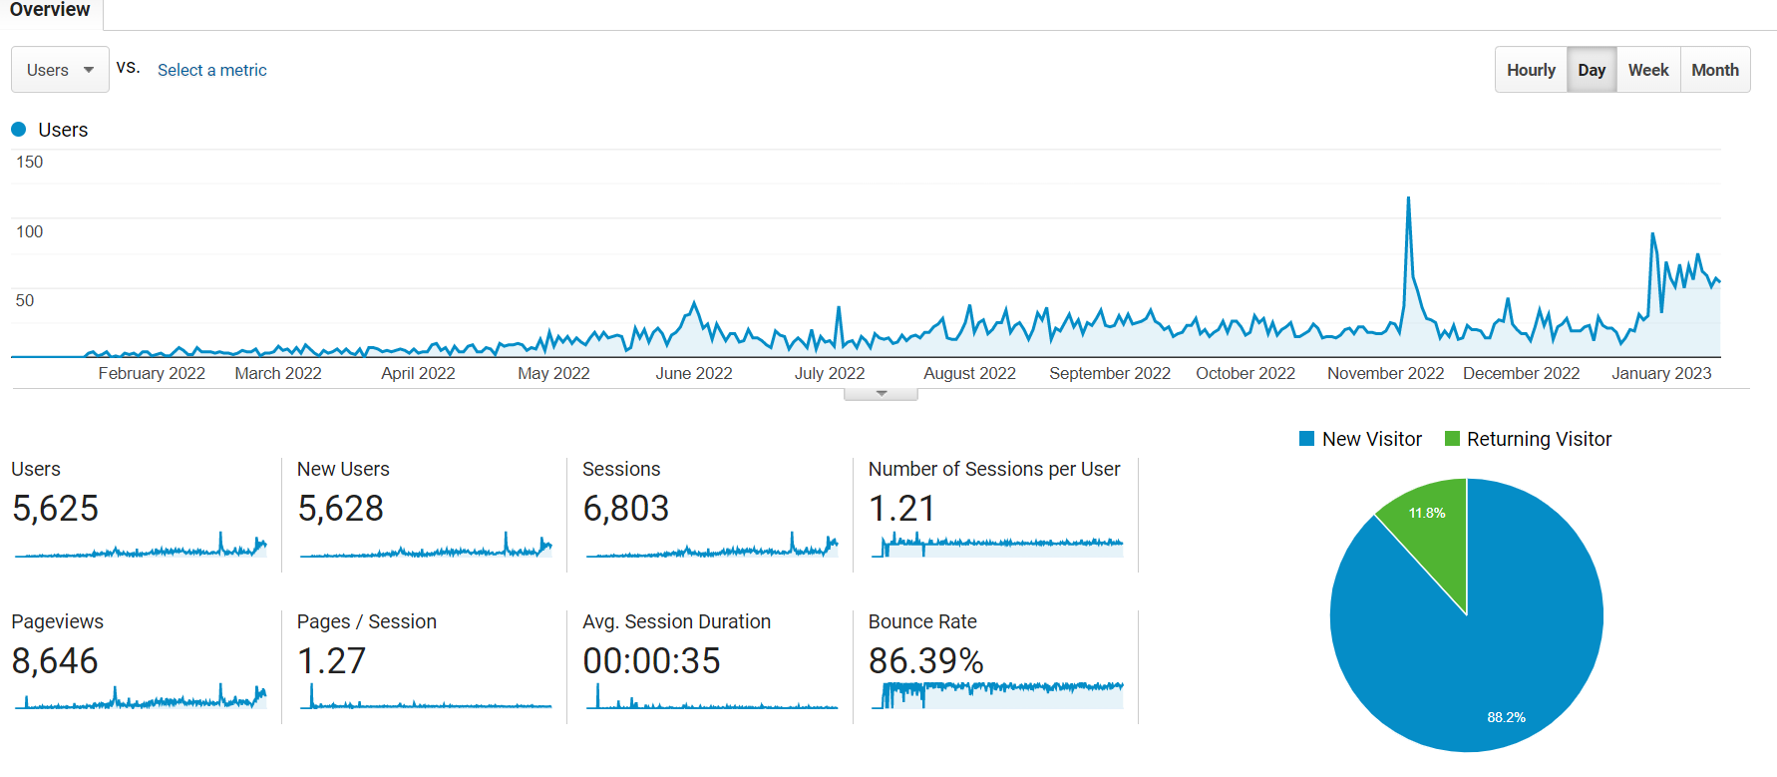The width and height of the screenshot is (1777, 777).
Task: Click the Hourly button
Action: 1531,70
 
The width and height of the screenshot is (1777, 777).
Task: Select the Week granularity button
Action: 1648,70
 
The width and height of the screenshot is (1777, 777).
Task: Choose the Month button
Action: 1715,70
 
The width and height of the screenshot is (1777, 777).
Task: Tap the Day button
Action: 1592,70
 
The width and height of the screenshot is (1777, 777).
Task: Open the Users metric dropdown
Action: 60,70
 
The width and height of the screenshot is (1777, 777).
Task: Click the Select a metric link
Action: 212,70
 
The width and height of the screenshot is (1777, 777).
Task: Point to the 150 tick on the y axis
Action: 30,162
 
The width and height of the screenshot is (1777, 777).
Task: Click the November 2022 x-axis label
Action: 1385,373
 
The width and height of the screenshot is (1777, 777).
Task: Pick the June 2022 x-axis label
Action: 694,373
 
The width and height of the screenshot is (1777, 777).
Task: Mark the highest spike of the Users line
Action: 1408,198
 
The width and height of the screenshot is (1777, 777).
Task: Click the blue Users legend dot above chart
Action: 18,130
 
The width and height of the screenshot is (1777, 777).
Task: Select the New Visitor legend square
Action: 1306,439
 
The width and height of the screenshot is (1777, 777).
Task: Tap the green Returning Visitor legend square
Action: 1452,439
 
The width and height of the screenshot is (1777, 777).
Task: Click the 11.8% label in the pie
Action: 1427,513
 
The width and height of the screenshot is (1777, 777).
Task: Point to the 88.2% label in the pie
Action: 1506,717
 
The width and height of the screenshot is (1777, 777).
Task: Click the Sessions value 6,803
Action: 626,509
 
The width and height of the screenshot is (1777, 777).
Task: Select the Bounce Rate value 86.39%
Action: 926,661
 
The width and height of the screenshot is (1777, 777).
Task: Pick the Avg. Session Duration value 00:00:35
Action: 651,661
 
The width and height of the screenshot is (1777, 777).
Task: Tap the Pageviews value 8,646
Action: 55,661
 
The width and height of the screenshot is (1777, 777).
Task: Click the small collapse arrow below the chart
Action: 881,394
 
